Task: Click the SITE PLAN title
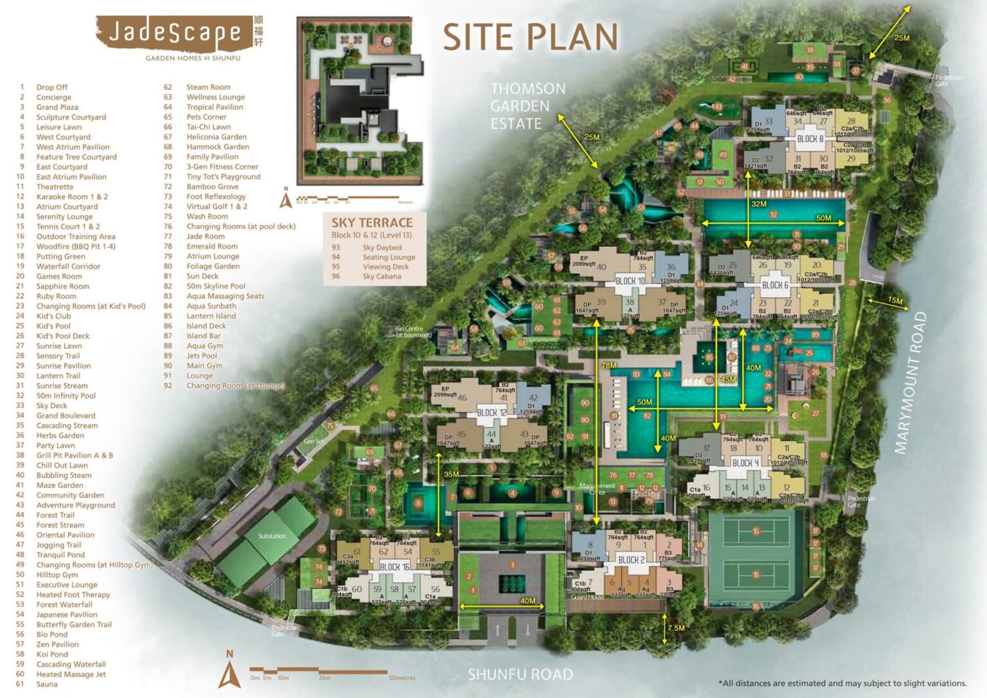pyautogui.click(x=530, y=37)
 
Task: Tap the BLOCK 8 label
pyautogui.click(x=810, y=139)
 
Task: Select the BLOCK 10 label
pyautogui.click(x=630, y=281)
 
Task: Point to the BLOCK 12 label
pyautogui.click(x=492, y=413)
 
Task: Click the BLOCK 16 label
pyautogui.click(x=394, y=567)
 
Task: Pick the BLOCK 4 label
pyautogui.click(x=745, y=463)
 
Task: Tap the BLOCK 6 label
pyautogui.click(x=774, y=285)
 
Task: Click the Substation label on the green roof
pyautogui.click(x=272, y=536)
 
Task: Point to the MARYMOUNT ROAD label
pyautogui.click(x=911, y=383)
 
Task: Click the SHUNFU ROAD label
pyautogui.click(x=520, y=674)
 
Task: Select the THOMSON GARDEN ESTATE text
pyautogui.click(x=528, y=106)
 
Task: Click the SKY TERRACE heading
pyautogui.click(x=371, y=223)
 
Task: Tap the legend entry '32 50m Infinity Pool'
pyautogui.click(x=66, y=396)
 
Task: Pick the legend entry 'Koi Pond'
pyautogui.click(x=51, y=654)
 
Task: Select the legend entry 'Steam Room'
pyautogui.click(x=208, y=87)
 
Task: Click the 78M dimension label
pyautogui.click(x=608, y=365)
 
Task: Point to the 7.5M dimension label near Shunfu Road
pyautogui.click(x=675, y=628)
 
